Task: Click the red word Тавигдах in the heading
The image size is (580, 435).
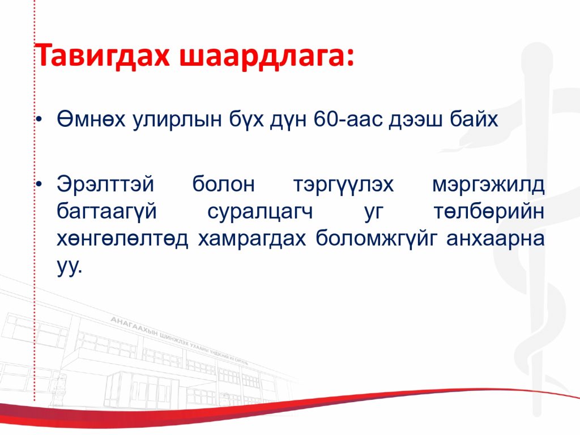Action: pos(102,56)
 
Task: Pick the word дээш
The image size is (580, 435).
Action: pos(416,120)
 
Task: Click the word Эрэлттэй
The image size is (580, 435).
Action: pos(105,184)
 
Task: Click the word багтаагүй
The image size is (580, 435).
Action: pos(107,212)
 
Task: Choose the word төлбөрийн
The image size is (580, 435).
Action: pos(489,211)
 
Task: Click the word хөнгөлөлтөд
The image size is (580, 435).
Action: pos(122,240)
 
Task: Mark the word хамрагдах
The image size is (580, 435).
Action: pos(252,240)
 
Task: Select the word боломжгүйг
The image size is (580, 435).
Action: pos(376,240)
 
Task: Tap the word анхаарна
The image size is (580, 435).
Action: pos(495,240)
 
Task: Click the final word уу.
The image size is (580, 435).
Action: pos(69,267)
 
